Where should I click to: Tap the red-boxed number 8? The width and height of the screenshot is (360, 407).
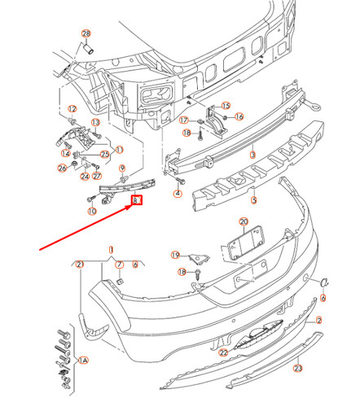tap(137, 199)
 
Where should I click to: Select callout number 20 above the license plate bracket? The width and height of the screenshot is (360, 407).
tap(243, 221)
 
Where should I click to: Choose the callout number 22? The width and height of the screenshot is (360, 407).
tap(222, 352)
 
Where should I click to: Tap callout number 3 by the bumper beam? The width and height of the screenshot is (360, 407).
tap(252, 153)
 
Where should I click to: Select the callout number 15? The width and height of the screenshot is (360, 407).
tap(226, 106)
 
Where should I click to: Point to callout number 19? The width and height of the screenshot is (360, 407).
tap(175, 255)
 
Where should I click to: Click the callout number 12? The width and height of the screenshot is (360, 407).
tap(71, 109)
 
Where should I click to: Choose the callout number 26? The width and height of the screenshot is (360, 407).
tap(62, 168)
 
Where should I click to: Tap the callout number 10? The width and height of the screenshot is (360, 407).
tap(91, 212)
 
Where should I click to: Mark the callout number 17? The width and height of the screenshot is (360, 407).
tap(185, 120)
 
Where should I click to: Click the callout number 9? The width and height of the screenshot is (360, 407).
tap(123, 170)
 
